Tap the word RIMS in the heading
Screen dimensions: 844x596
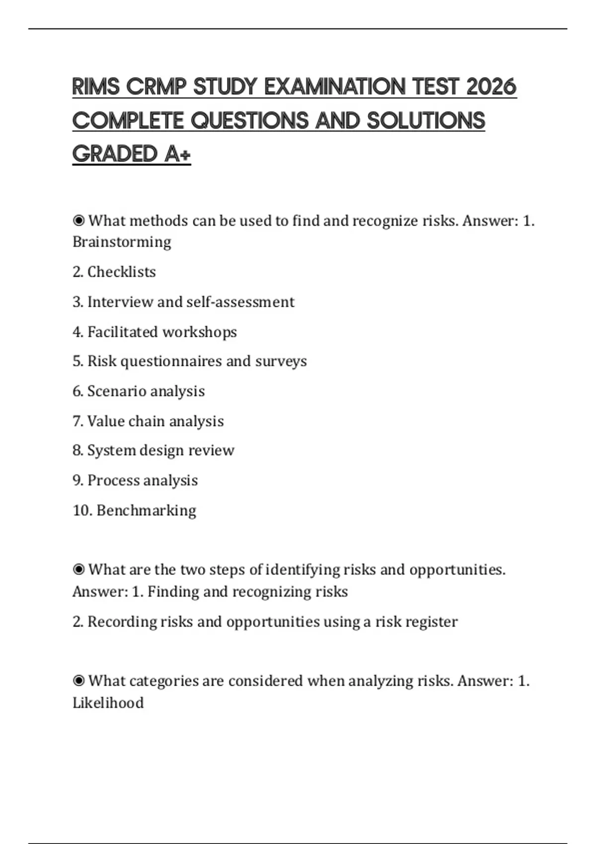coord(96,87)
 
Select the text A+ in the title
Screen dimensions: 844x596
coord(178,154)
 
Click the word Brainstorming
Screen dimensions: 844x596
coord(122,242)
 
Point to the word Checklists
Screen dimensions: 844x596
coord(121,272)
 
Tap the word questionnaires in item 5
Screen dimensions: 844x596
coord(171,361)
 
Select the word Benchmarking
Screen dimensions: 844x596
coord(147,510)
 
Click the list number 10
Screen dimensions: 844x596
coord(81,510)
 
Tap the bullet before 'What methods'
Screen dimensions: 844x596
coord(78,220)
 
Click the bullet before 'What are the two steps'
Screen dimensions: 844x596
coord(78,569)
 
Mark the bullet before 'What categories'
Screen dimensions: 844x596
coord(78,681)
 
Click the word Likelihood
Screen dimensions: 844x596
coord(108,703)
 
